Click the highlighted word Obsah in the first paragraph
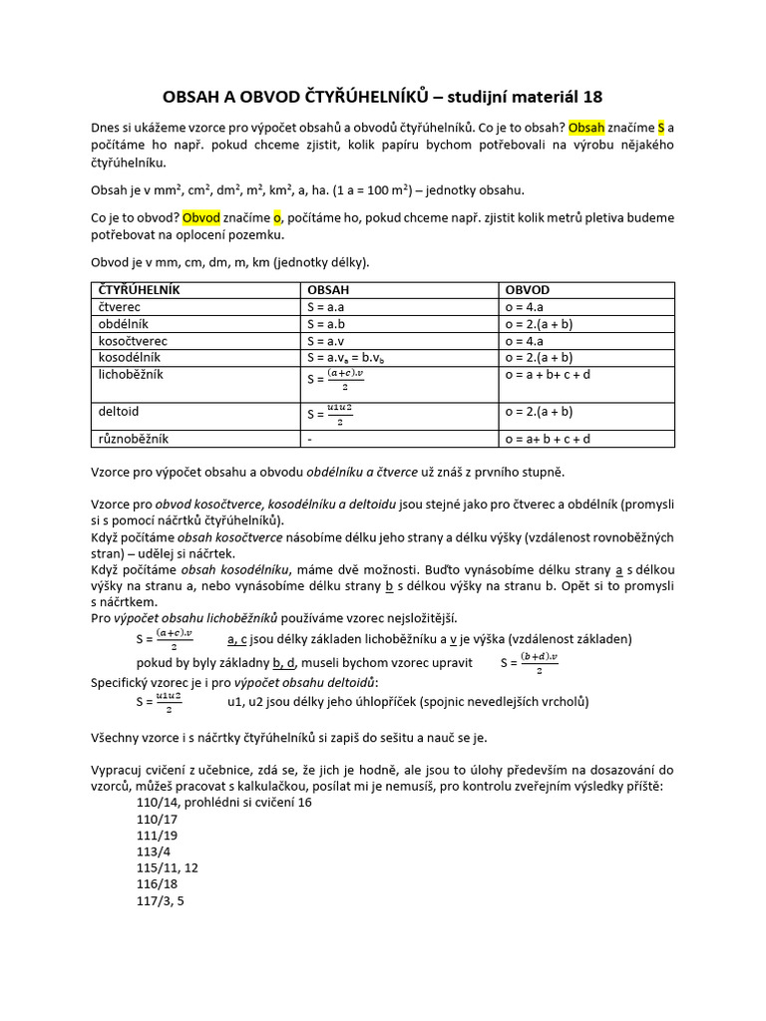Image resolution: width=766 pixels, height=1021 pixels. point(586,128)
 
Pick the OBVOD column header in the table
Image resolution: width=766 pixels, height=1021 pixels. point(529,290)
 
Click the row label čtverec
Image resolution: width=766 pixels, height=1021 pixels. point(119,307)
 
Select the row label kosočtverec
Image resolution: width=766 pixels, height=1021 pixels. point(132,340)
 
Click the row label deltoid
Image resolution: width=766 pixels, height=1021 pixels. point(117,410)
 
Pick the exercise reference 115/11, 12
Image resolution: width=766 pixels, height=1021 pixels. point(168,867)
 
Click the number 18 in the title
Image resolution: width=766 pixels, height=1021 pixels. point(590,96)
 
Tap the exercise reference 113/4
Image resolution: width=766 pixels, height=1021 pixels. point(154,851)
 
